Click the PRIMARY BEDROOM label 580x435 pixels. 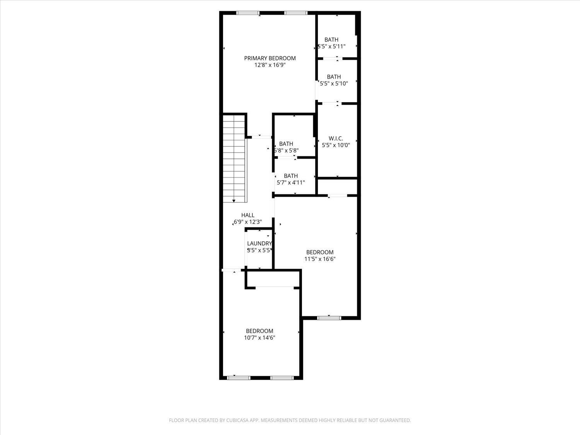[270, 58]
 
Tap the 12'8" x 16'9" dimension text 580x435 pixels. [270, 65]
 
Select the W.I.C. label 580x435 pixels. [336, 138]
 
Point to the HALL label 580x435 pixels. [248, 215]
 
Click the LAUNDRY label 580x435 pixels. [259, 244]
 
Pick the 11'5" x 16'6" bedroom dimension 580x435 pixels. [320, 259]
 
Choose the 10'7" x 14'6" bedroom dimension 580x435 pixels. [259, 338]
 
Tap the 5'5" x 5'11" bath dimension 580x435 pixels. [331, 46]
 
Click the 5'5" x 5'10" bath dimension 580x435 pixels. [334, 84]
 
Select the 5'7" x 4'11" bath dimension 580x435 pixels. [291, 183]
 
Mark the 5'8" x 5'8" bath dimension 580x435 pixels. [286, 150]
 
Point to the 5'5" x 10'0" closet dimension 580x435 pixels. [336, 145]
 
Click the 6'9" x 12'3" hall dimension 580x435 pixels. [248, 222]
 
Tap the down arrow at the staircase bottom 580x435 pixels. [234, 201]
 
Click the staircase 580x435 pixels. [235, 158]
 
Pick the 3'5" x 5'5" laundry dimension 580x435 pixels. [259, 250]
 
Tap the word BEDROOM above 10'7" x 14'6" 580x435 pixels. [259, 331]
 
